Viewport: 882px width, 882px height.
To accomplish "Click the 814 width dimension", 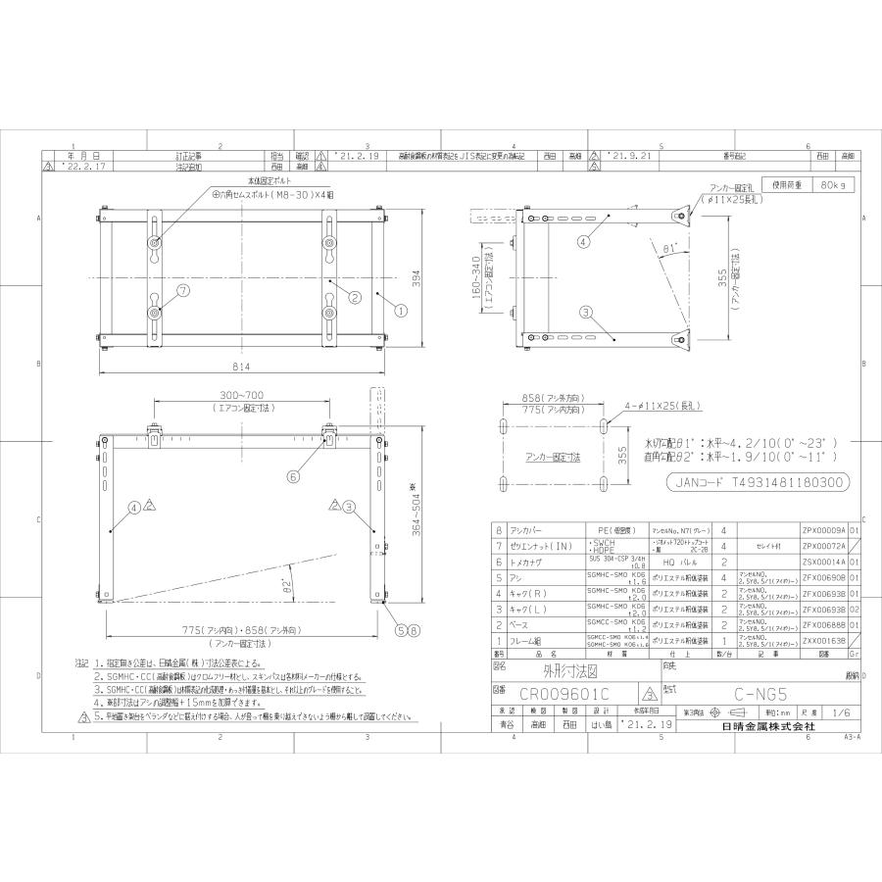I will [242, 367].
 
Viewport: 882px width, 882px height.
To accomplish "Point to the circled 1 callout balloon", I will [400, 310].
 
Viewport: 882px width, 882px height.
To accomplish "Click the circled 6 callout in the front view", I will [293, 476].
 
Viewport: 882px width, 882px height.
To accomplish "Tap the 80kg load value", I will [833, 183].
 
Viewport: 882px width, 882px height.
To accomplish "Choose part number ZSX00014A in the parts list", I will [822, 563].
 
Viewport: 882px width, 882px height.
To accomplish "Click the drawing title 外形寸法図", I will [564, 674].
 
